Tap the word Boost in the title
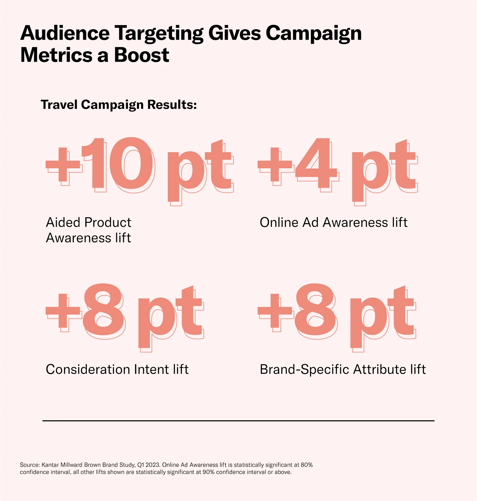tap(142, 55)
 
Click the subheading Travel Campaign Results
tap(119, 105)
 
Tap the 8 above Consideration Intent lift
tap(103, 310)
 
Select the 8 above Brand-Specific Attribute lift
tap(315, 310)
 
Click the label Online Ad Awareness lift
tap(333, 222)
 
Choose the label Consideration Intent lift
tap(117, 369)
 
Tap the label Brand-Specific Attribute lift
tap(343, 369)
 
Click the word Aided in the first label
tap(63, 222)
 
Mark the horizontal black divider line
tap(238, 421)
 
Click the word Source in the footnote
tap(30, 465)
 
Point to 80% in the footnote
tap(306, 465)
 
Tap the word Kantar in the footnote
tap(50, 465)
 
